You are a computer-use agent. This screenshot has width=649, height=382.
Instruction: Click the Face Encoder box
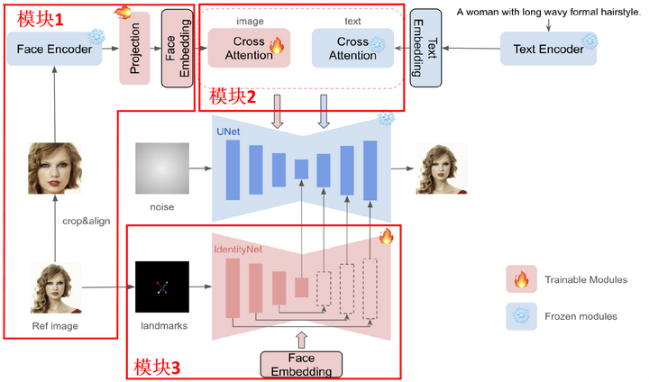[54, 49]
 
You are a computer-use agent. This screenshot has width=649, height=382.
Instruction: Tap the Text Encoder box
[547, 50]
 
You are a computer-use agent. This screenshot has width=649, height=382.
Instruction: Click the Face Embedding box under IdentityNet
[303, 364]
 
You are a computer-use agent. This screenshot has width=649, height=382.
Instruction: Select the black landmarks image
[162, 287]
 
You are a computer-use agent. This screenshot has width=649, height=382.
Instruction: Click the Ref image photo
[56, 286]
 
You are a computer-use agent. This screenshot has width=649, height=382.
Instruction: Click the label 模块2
[233, 96]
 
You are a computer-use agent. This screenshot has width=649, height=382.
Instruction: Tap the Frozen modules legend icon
[520, 316]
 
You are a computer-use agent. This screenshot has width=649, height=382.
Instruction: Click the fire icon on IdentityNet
[387, 237]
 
